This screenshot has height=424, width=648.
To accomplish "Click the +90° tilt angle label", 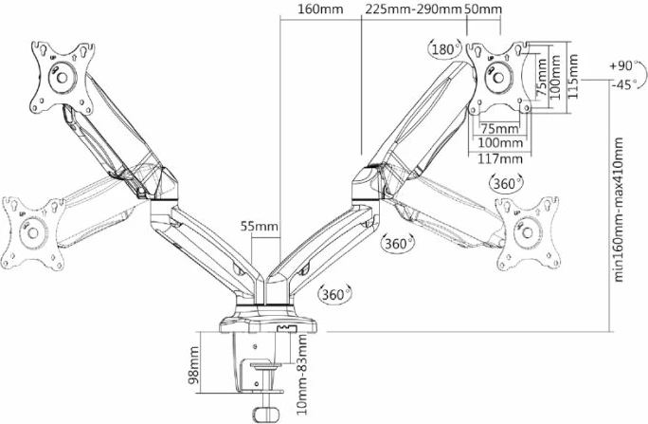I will pyautogui.click(x=621, y=66).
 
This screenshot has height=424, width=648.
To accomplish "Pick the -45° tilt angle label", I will pyautogui.click(x=621, y=84).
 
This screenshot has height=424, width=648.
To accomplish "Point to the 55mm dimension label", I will pyautogui.click(x=259, y=226).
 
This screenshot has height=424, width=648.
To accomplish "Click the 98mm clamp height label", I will pyautogui.click(x=194, y=363).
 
